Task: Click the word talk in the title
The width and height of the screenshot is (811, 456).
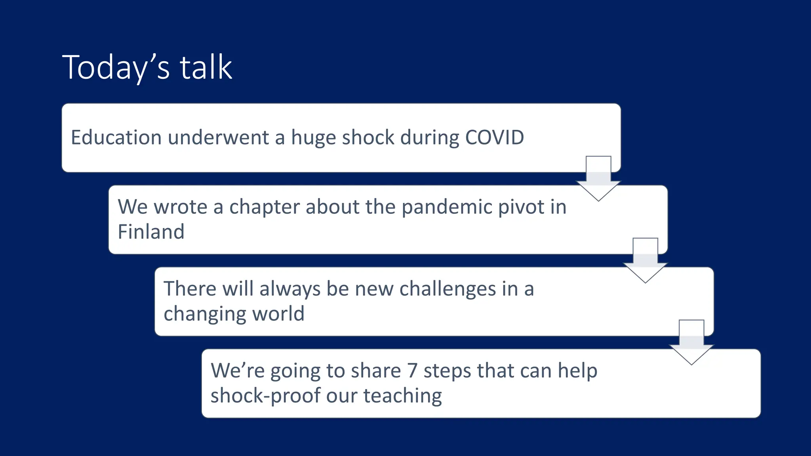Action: [206, 67]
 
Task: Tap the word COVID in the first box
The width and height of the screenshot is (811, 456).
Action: [494, 138]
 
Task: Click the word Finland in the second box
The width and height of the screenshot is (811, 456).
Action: [151, 232]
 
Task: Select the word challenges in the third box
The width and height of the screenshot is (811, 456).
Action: [447, 289]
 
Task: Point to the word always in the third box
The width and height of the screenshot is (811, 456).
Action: [289, 289]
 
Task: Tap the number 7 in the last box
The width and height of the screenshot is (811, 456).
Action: [412, 371]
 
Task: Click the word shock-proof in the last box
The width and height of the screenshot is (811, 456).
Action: [266, 396]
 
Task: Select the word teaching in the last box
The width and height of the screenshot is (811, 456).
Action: [402, 396]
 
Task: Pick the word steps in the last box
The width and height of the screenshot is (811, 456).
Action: [447, 371]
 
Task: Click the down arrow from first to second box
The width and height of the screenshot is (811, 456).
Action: [598, 180]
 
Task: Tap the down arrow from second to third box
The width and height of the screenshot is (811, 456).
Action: [645, 262]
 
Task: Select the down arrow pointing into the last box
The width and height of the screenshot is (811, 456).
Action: [691, 344]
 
